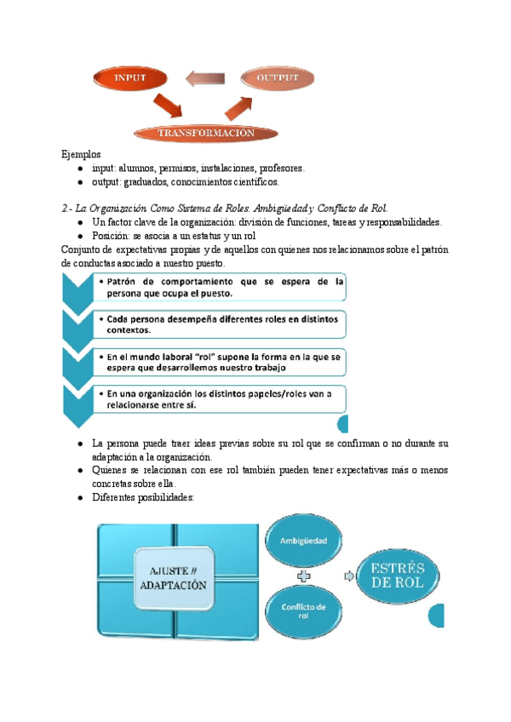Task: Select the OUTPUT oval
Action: click(x=278, y=78)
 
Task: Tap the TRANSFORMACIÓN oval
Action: click(x=205, y=133)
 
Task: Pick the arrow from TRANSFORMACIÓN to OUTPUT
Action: click(x=241, y=105)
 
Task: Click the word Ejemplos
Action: click(x=81, y=155)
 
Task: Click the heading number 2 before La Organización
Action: click(x=64, y=208)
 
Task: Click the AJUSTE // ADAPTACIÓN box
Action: click(x=175, y=582)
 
